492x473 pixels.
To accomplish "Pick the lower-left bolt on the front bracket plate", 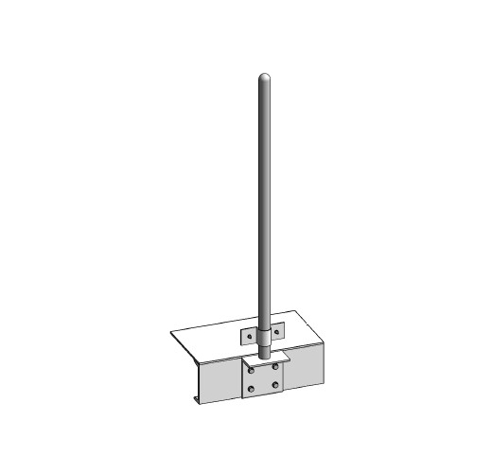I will pos(251,388).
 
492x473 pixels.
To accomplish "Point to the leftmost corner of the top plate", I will pos(172,332).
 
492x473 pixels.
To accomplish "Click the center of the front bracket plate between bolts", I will pos(263,377).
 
